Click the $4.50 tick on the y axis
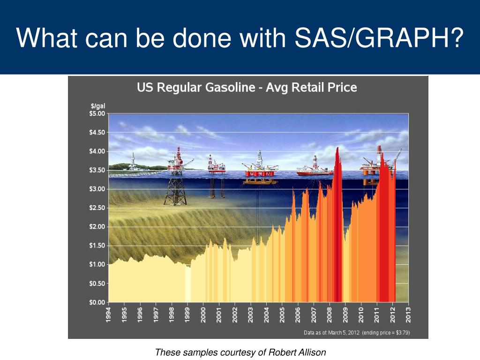click(x=97, y=132)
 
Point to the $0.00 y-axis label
click(x=97, y=302)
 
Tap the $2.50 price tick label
click(x=97, y=208)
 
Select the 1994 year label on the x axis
click(x=109, y=315)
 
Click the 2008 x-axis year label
click(x=330, y=315)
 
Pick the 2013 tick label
click(x=408, y=315)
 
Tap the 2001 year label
click(x=219, y=315)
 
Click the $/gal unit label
click(x=98, y=106)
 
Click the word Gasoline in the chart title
click(x=230, y=88)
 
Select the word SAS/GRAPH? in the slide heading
click(x=379, y=37)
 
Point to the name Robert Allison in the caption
click(x=297, y=352)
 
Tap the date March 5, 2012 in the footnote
click(x=344, y=333)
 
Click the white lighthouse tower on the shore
click(x=133, y=161)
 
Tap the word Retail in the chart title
click(x=308, y=88)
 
